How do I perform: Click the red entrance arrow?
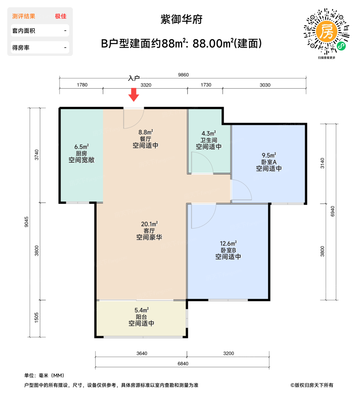coord(134,95)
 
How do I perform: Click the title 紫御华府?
coord(181,19)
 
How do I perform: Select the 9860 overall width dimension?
coord(183,75)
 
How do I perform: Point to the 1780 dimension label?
coord(82,85)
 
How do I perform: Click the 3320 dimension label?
coord(146,85)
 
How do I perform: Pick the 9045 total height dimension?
coord(26,222)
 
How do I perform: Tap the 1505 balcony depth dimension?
coord(37,317)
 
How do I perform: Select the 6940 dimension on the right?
coord(333,211)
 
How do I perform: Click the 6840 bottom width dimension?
coord(183,364)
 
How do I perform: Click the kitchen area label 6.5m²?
coord(82,147)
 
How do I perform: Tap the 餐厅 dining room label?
coord(145,139)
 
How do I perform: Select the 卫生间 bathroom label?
coord(209,140)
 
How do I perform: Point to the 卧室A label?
coord(269,162)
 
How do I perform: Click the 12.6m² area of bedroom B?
coord(228,243)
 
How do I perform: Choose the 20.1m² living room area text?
coord(149,224)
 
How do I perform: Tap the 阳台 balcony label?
coord(141,317)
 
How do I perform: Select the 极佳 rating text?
coord(61,16)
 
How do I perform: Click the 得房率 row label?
coord(21,48)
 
